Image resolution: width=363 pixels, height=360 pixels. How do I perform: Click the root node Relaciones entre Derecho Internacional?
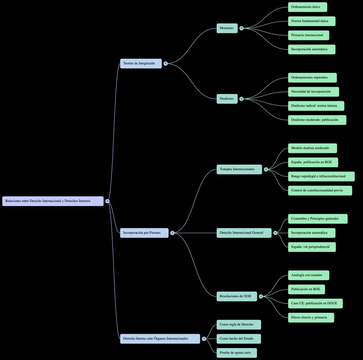pyautogui.click(x=53, y=201)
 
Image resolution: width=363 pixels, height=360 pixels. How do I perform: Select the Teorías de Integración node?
pyautogui.click(x=141, y=63)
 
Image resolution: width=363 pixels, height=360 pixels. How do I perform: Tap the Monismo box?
pyautogui.click(x=227, y=28)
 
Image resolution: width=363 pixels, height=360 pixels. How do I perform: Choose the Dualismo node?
pyautogui.click(x=227, y=99)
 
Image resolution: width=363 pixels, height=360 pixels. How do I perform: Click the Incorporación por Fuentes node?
pyautogui.click(x=144, y=233)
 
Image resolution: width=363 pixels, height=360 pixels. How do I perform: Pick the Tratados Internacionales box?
pyautogui.click(x=239, y=169)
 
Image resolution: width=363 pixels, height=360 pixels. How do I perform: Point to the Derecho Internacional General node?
pyautogui.click(x=244, y=233)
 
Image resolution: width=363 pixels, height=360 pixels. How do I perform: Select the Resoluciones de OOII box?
pyautogui.click(x=237, y=296)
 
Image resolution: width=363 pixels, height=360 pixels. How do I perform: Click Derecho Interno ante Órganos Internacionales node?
pyautogui.click(x=160, y=339)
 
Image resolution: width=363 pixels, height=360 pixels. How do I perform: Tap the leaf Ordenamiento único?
pyautogui.click(x=307, y=7)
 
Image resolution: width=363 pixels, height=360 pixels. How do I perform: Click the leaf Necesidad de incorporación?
pyautogui.click(x=313, y=92)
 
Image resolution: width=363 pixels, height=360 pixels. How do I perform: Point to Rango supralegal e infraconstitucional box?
pyautogui.click(x=321, y=177)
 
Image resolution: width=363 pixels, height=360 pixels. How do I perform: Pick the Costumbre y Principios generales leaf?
pyautogui.click(x=318, y=219)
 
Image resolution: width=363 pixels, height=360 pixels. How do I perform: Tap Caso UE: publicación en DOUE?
pyautogui.click(x=315, y=303)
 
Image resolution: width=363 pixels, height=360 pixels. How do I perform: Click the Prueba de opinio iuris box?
pyautogui.click(x=236, y=353)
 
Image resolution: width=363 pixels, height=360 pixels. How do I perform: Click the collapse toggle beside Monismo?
pyautogui.click(x=241, y=28)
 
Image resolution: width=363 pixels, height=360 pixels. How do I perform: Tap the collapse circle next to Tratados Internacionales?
pyautogui.click(x=266, y=169)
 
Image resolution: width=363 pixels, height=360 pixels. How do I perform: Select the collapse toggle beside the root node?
pyautogui.click(x=107, y=201)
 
